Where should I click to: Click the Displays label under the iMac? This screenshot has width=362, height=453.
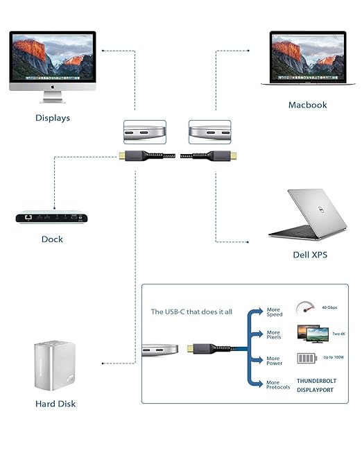[53, 118]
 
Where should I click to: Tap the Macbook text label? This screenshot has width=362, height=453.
[307, 105]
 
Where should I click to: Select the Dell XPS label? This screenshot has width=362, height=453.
[309, 255]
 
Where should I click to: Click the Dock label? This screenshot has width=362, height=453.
[52, 239]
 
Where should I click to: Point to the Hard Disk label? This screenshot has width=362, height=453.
[55, 404]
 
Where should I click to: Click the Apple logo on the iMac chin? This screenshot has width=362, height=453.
[53, 87]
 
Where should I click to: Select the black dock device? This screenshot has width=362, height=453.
[53, 217]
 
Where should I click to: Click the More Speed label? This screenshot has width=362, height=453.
[274, 311]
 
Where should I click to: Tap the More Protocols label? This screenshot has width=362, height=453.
[278, 384]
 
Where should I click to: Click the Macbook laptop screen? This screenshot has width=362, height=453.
[307, 58]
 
